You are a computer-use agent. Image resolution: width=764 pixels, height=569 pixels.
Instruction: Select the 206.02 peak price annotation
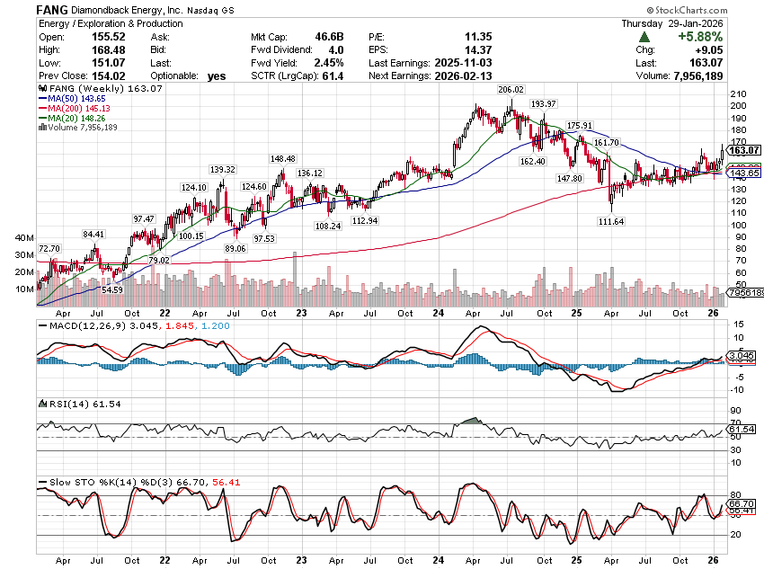[511, 90]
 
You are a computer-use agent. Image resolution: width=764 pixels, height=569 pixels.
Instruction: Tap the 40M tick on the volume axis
[24, 238]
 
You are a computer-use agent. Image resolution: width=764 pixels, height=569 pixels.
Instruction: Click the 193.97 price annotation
[544, 104]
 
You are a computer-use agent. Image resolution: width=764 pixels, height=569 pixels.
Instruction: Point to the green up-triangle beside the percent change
[644, 37]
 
